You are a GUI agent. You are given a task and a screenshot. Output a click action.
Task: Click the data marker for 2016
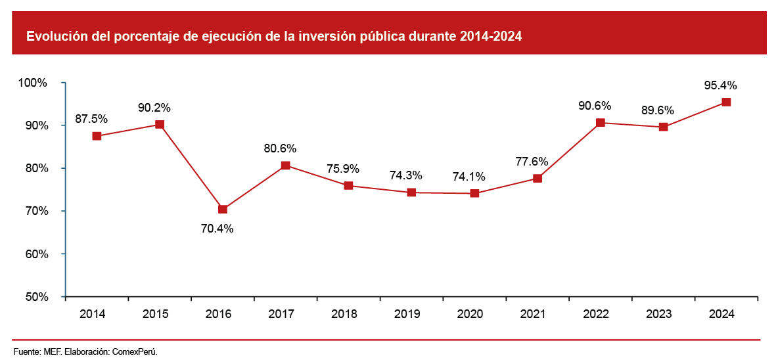pyautogui.click(x=223, y=209)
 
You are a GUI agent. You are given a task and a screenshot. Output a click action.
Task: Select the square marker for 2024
pyautogui.click(x=726, y=102)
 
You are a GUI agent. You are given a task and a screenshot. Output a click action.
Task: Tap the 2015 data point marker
pyautogui.click(x=160, y=124)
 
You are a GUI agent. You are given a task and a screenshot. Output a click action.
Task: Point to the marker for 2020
pyautogui.click(x=474, y=193)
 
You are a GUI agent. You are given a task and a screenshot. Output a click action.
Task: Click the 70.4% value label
pyautogui.click(x=217, y=229)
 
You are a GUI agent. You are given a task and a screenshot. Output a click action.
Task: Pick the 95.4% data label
pyautogui.click(x=721, y=85)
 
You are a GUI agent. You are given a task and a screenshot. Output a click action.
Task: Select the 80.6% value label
pyautogui.click(x=281, y=148)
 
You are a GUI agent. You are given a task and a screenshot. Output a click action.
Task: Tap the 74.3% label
pyautogui.click(x=406, y=175)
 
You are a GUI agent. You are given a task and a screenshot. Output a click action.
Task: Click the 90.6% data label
pyautogui.click(x=595, y=106)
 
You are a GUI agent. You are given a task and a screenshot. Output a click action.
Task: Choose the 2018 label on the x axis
pyautogui.click(x=344, y=314)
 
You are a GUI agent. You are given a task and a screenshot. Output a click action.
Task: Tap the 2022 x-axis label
pyautogui.click(x=596, y=314)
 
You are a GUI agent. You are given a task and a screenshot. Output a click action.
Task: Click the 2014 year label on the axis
pyautogui.click(x=93, y=314)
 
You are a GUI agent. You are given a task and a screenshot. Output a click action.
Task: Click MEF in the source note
pyautogui.click(x=52, y=351)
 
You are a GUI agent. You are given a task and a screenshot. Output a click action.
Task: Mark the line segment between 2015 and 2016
pyautogui.click(x=191, y=167)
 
